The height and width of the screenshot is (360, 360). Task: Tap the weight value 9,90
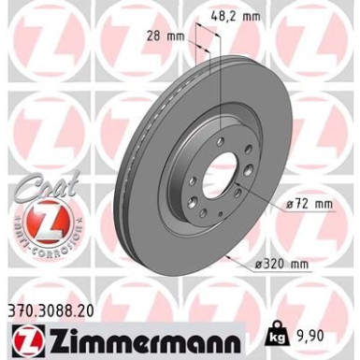pos(332,333)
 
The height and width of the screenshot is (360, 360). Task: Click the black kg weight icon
pos(301,333)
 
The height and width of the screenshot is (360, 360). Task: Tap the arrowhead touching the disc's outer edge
pos(228,255)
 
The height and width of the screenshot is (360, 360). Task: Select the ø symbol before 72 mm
pos(291,202)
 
